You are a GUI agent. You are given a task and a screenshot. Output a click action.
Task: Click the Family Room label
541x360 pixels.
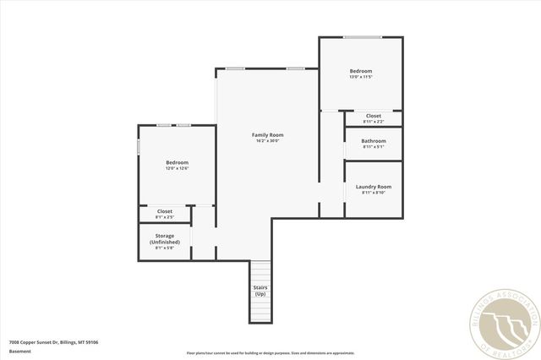267,135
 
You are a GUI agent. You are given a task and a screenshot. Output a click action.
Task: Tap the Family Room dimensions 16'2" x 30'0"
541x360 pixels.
267,141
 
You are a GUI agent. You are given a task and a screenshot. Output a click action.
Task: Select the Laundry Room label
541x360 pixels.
373,187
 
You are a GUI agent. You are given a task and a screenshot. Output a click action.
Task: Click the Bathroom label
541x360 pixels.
373,141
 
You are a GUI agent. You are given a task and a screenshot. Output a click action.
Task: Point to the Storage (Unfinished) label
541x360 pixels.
165,238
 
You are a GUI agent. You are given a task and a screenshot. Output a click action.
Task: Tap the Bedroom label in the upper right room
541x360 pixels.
361,71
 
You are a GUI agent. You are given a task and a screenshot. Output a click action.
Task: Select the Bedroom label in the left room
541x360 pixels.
177,162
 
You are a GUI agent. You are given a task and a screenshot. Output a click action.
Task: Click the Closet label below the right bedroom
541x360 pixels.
373,116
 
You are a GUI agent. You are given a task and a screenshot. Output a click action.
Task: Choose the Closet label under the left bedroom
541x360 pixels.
165,211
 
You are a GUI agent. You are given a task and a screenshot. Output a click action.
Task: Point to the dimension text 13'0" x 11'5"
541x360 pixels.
361,77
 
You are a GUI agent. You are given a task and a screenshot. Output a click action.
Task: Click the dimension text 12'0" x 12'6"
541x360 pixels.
177,168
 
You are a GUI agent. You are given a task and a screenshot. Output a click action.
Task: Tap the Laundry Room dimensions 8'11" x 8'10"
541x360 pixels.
373,193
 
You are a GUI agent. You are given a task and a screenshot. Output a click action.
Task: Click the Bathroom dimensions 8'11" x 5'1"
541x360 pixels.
373,147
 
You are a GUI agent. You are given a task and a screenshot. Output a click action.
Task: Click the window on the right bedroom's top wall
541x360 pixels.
361,37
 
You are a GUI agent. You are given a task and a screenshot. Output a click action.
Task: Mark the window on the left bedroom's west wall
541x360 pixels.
139,146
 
